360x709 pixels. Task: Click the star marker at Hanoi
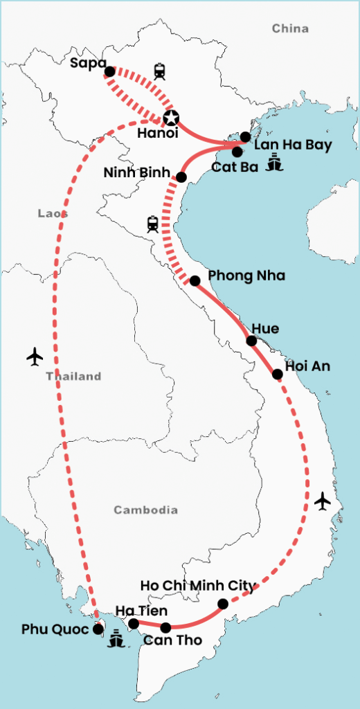[x=170, y=118]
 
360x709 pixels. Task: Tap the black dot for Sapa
[x=109, y=71]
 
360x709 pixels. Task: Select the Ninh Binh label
[x=136, y=172]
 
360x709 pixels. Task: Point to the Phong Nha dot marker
[x=195, y=280]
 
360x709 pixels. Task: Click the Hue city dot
[x=252, y=341]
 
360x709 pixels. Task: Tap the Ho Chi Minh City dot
[x=223, y=604]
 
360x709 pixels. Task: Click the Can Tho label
[x=173, y=640]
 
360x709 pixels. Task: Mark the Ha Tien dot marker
[x=134, y=623]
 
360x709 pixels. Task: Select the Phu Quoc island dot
[x=98, y=629]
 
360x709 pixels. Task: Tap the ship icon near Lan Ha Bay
[x=276, y=162]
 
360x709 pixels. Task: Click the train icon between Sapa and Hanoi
[x=161, y=71]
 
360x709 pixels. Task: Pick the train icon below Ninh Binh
[x=152, y=224]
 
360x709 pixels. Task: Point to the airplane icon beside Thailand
[x=35, y=357]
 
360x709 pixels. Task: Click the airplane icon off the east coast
[x=322, y=500]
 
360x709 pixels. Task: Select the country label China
[x=290, y=28]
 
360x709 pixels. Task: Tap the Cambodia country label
[x=146, y=510]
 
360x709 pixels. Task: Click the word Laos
[x=53, y=214]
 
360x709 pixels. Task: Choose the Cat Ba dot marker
[x=237, y=152]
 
